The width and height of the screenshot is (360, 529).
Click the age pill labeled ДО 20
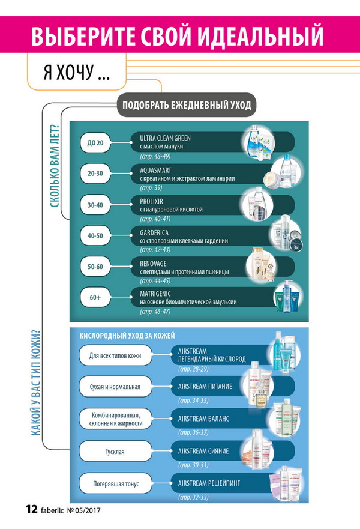(x=95, y=143)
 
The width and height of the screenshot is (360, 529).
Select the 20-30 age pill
(x=95, y=174)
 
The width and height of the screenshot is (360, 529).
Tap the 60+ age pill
(x=95, y=298)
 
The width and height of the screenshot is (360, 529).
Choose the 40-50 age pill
(x=95, y=236)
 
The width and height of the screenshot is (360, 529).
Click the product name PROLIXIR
(x=151, y=201)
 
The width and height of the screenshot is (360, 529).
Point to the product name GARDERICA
(x=154, y=232)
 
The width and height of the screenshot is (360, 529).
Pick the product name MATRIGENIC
(x=155, y=294)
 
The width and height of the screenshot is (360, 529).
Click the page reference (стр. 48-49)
(x=155, y=156)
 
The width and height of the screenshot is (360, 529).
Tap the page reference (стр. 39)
(x=151, y=187)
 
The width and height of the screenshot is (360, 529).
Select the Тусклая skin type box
(x=115, y=452)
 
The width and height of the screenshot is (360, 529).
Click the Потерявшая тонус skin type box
(x=115, y=484)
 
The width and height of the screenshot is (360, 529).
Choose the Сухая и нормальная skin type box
(x=115, y=387)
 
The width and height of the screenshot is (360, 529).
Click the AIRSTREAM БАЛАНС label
(x=203, y=419)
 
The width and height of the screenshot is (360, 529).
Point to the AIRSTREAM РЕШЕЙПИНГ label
(x=209, y=483)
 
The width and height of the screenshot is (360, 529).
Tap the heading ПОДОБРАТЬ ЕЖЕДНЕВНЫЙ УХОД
(x=187, y=105)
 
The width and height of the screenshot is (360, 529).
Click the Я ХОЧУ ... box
(x=77, y=71)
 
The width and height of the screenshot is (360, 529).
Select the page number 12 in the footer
(x=32, y=509)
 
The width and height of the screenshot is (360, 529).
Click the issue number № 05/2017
(x=83, y=510)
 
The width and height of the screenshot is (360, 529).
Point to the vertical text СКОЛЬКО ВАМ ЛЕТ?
(x=55, y=166)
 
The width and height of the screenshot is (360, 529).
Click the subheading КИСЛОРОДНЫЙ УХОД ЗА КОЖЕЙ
(x=127, y=336)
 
